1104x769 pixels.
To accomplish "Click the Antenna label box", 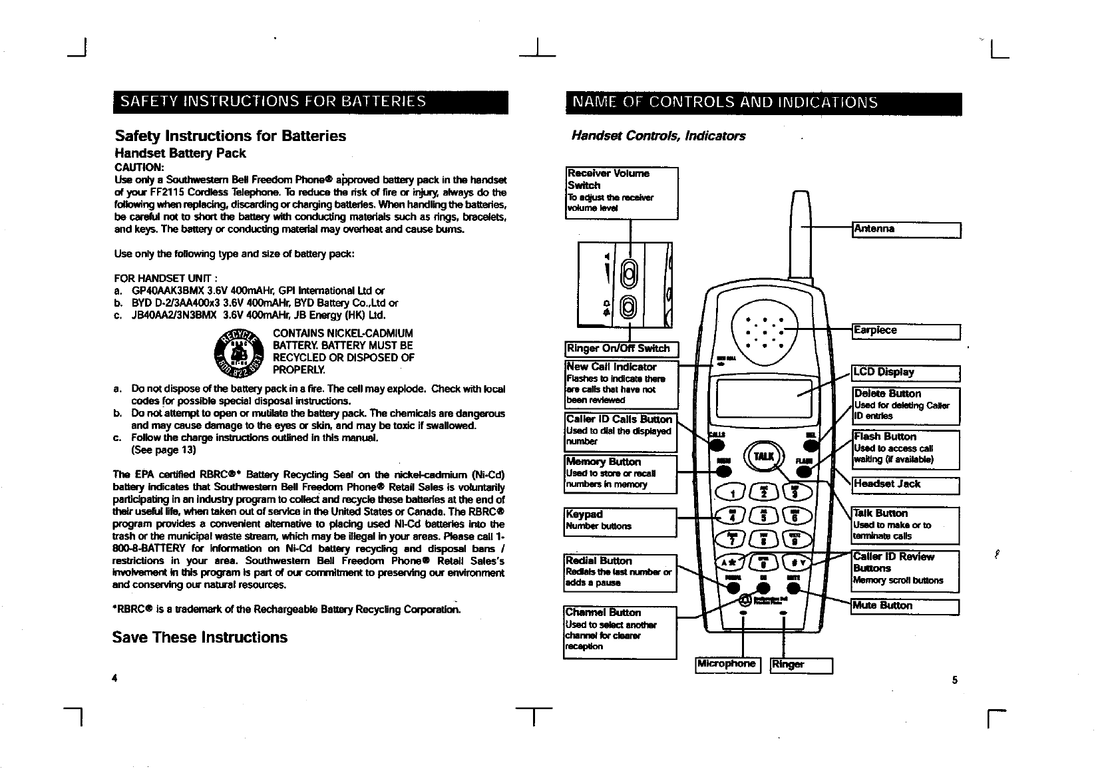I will point(906,230).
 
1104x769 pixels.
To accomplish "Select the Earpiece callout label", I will point(906,331).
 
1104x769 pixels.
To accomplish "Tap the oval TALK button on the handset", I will point(763,456).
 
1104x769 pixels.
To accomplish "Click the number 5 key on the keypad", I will point(764,515).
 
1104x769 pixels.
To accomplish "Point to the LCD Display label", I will point(906,373).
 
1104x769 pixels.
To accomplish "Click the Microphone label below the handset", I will point(727,664).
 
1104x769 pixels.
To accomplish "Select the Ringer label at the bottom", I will point(801,665).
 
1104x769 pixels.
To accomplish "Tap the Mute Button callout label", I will point(906,606).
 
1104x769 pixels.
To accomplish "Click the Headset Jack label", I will point(906,484).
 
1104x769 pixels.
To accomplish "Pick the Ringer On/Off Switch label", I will point(620,349).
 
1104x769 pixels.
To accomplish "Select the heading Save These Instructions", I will point(200,637).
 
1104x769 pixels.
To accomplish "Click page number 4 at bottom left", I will point(115,679).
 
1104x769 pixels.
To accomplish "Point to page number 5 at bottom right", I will point(954,680).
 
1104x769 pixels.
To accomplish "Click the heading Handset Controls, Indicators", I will point(658,136).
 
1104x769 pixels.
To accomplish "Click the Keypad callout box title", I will point(584,514).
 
